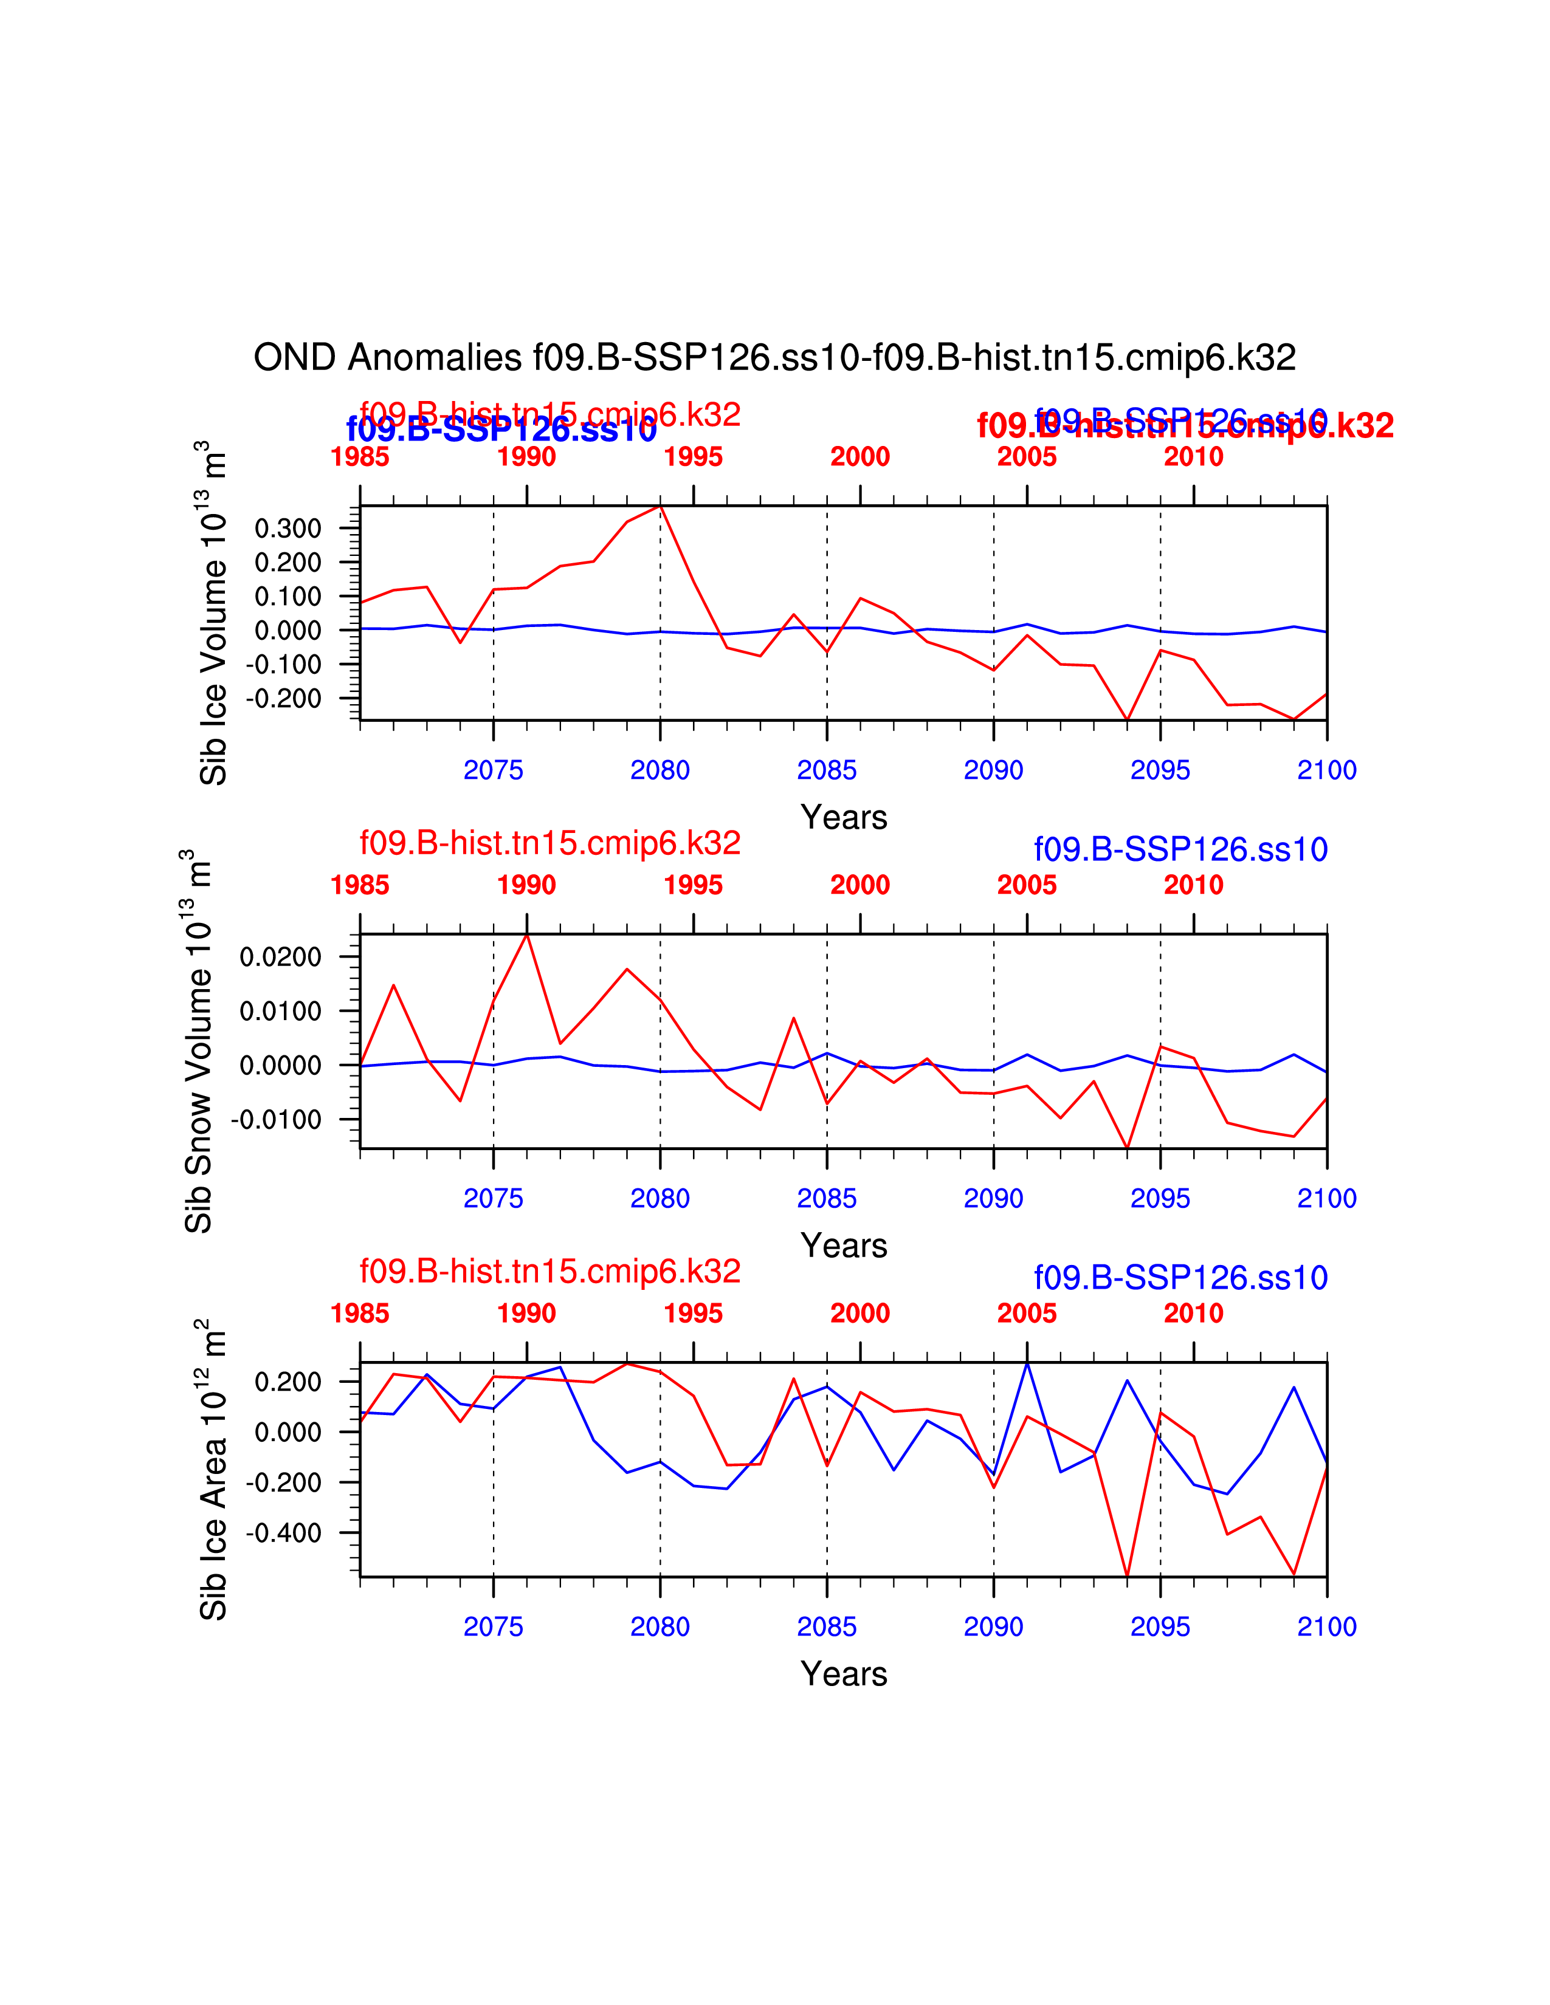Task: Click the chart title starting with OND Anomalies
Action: pos(774,357)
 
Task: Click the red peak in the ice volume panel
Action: pos(660,507)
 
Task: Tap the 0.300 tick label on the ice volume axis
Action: pos(288,528)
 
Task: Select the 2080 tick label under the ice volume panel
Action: pos(660,770)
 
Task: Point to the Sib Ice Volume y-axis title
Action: pos(212,613)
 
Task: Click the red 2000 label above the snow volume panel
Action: pos(859,885)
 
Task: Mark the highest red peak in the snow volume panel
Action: pos(527,934)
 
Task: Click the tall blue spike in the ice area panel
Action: pos(1027,1364)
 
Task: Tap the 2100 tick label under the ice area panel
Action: pos(1326,1626)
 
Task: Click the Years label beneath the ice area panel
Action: pos(844,1674)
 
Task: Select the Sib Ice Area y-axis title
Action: pos(212,1470)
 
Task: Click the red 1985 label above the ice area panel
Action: pos(360,1313)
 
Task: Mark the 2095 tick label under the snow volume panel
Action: pos(1160,1198)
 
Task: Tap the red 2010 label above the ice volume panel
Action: pos(1193,456)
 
